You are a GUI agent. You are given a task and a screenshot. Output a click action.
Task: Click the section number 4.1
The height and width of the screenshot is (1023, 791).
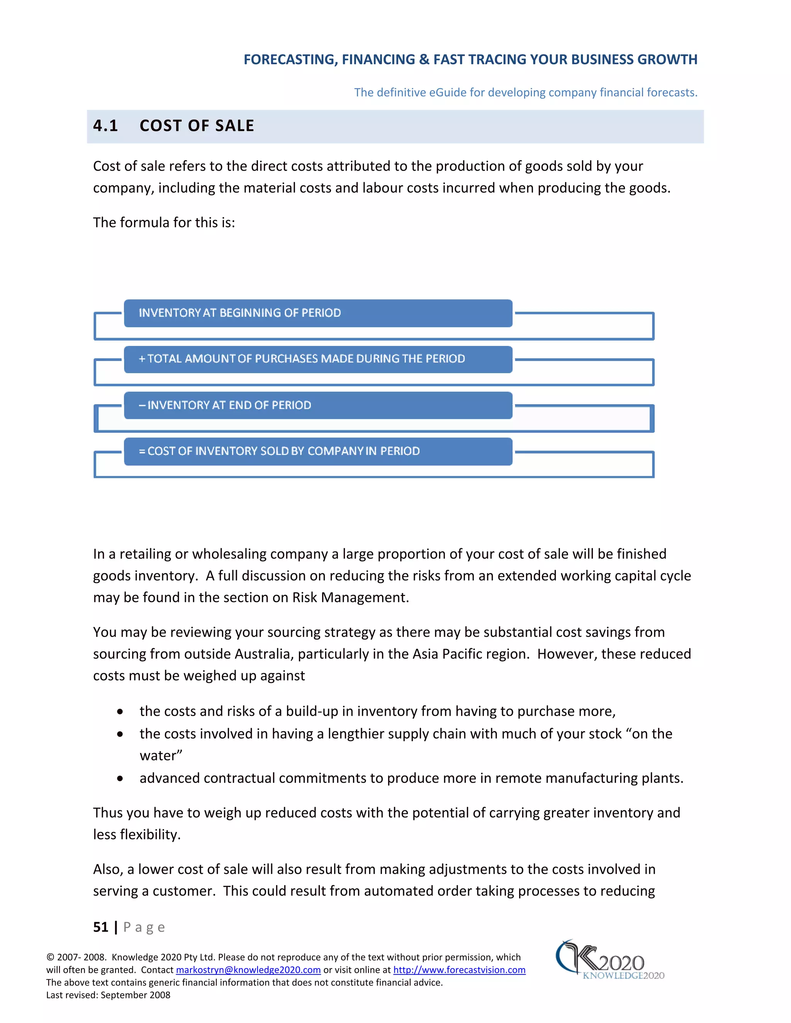[x=105, y=125]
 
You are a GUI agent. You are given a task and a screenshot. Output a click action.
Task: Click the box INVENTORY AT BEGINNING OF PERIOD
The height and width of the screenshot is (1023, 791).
[x=318, y=313]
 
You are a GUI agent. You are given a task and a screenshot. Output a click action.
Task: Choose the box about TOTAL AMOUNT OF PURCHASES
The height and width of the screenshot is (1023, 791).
[x=318, y=359]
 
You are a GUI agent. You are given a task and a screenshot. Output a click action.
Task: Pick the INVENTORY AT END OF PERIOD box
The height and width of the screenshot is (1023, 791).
[x=318, y=405]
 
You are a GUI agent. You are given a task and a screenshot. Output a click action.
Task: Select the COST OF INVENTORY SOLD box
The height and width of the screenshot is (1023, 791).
[x=318, y=451]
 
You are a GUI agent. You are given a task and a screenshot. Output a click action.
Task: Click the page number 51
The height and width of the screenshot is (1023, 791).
[x=101, y=927]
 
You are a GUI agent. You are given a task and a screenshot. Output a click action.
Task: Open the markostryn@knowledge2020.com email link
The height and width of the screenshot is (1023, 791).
[x=248, y=970]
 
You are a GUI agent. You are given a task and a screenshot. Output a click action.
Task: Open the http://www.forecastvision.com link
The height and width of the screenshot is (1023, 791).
[x=459, y=970]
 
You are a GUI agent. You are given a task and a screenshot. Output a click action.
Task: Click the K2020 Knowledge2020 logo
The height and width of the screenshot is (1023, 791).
[x=609, y=960]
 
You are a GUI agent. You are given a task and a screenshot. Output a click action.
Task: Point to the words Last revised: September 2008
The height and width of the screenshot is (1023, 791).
[x=108, y=995]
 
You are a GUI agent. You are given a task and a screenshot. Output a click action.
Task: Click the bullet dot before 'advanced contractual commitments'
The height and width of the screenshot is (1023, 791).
[x=121, y=779]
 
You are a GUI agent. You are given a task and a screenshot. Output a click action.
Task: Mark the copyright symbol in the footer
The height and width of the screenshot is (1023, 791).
[x=50, y=957]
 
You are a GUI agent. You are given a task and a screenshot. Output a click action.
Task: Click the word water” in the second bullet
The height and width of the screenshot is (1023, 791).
[x=161, y=755]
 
